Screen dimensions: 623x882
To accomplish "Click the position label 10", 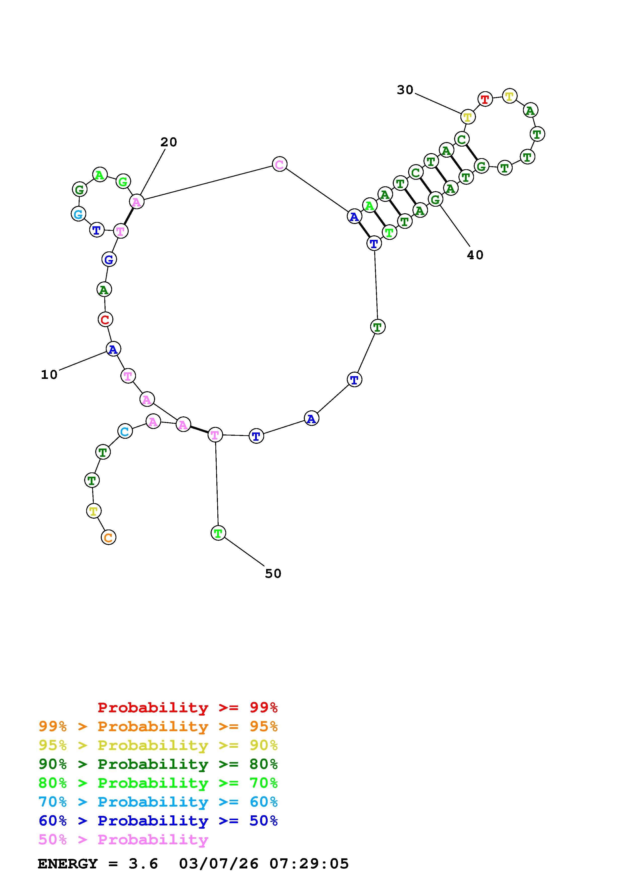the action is (x=49, y=375).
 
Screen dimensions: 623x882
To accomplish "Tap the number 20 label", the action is (x=169, y=142).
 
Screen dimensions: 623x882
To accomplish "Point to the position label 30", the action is (x=405, y=90).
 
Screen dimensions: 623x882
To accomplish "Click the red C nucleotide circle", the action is (x=105, y=319).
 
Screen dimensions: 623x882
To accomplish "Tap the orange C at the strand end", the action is (x=109, y=537).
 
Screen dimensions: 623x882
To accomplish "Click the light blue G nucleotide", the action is (x=78, y=214).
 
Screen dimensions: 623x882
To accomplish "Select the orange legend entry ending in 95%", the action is (x=158, y=726).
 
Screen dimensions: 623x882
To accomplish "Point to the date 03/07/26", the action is (x=218, y=864).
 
